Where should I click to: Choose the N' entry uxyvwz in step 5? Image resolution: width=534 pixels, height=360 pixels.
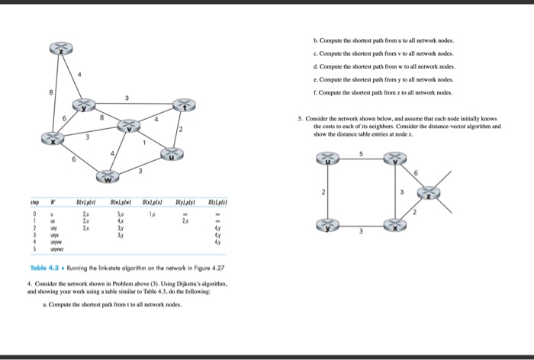tap(56, 249)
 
